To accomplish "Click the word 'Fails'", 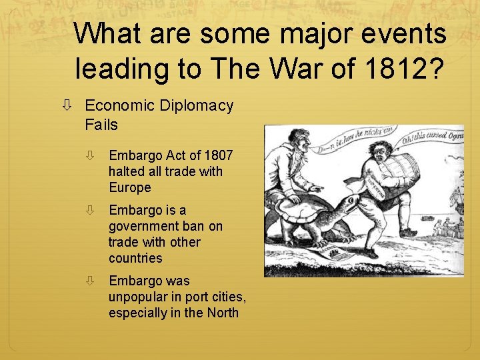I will [x=101, y=125].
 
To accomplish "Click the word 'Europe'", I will [x=130, y=187].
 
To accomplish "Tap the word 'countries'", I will [x=135, y=258].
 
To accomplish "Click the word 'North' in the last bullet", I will [x=222, y=313].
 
